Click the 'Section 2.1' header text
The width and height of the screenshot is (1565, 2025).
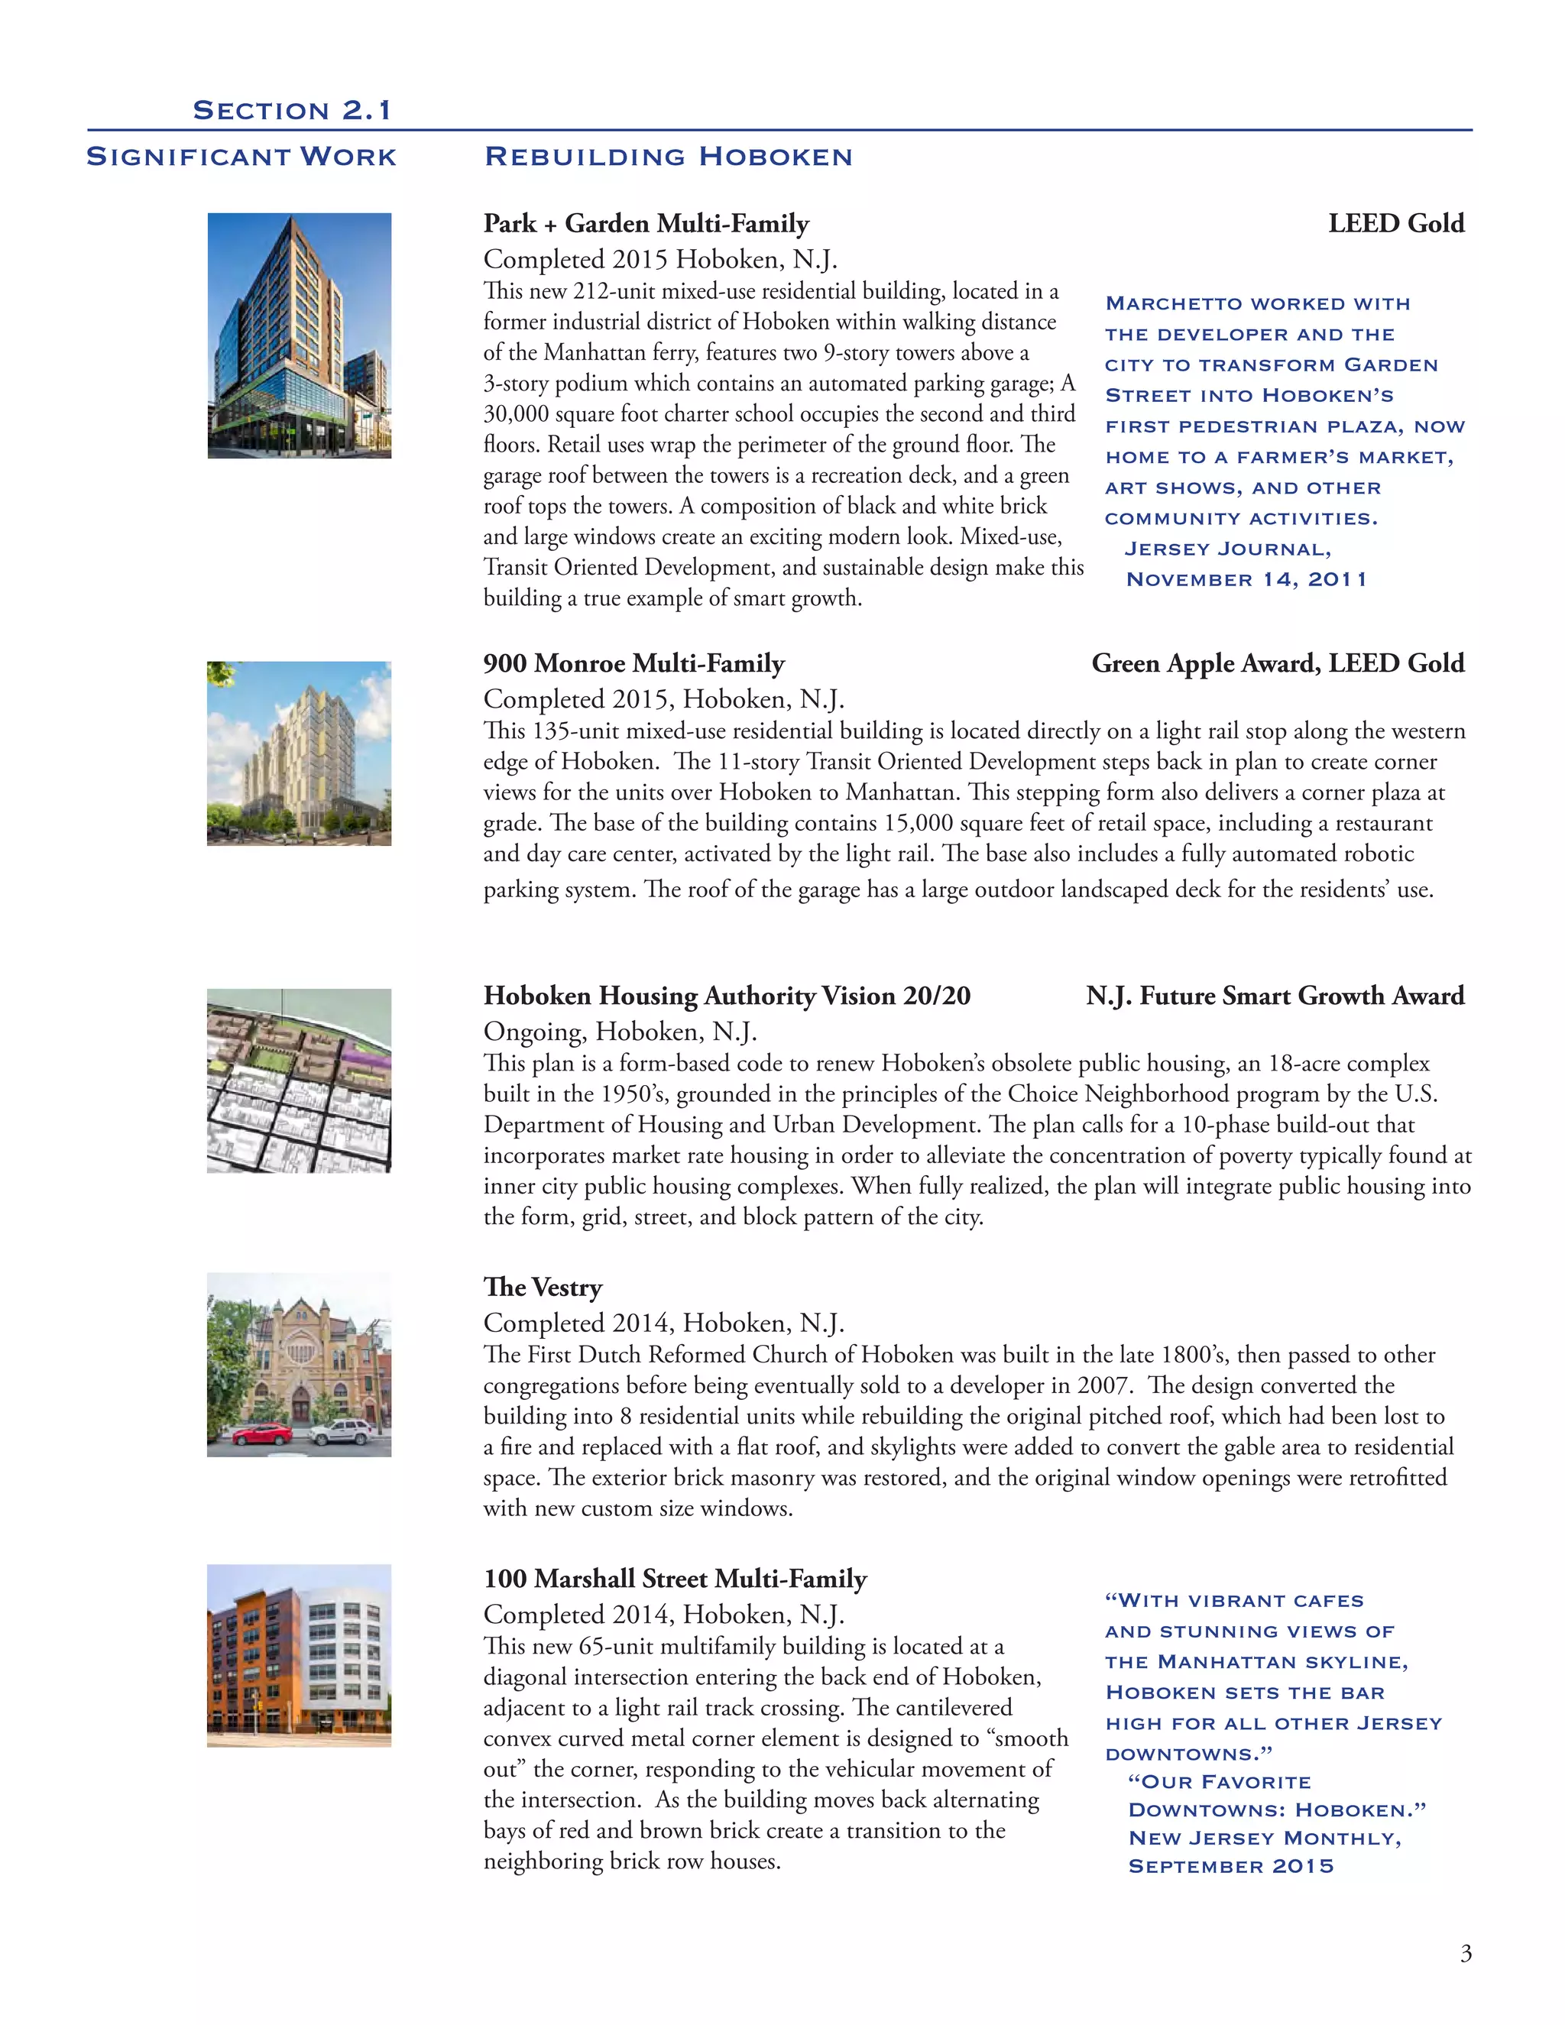[x=292, y=110]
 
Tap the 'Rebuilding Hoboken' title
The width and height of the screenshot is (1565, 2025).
[x=669, y=157]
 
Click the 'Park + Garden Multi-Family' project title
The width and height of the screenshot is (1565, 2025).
[x=646, y=223]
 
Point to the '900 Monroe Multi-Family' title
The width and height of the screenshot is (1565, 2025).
[x=634, y=663]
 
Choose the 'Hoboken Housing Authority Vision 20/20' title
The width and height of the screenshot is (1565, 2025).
[x=727, y=996]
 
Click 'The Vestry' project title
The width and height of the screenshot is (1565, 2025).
[x=543, y=1287]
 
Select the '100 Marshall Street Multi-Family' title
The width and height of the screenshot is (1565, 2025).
[x=675, y=1578]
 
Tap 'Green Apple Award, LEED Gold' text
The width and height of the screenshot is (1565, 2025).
[x=1278, y=663]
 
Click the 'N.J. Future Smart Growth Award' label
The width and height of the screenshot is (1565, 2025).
[x=1275, y=996]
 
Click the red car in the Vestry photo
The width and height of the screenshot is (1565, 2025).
[x=262, y=1434]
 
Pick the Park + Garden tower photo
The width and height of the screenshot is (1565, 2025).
[x=300, y=335]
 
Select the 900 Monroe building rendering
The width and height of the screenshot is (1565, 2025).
[x=300, y=753]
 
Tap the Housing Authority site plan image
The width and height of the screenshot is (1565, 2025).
[x=300, y=1081]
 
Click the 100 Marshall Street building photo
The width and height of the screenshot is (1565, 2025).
[x=300, y=1655]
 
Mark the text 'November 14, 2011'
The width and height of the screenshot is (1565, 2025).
[x=1246, y=579]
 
